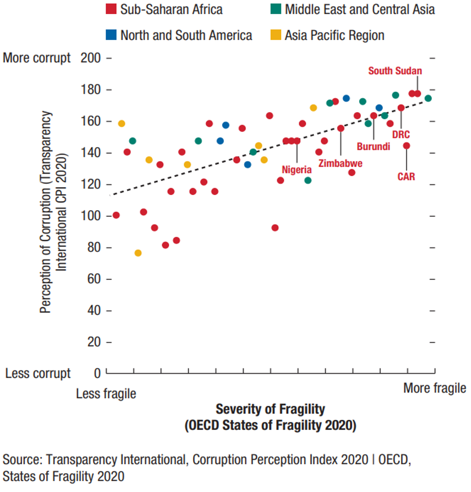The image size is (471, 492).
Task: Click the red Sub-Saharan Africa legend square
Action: click(111, 9)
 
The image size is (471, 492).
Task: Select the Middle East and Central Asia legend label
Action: click(360, 9)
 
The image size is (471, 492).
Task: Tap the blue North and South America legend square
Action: click(111, 35)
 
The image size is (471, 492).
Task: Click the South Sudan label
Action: click(395, 71)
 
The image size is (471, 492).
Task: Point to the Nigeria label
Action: click(297, 170)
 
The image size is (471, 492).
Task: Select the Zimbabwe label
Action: click(341, 164)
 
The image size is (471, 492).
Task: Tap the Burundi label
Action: click(373, 147)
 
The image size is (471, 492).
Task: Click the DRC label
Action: click(401, 135)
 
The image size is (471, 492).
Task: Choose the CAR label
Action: click(406, 177)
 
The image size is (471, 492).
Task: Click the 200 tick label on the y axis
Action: click(91, 58)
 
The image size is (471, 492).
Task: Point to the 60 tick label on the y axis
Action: click(94, 279)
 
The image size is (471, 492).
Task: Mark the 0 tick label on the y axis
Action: click(97, 373)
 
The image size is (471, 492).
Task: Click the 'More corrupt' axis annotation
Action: click(37, 58)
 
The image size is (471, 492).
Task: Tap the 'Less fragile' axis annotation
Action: click(106, 394)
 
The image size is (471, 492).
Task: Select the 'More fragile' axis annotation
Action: click(434, 388)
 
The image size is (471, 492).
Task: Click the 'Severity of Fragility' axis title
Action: click(270, 409)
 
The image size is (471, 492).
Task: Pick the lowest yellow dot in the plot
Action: click(138, 253)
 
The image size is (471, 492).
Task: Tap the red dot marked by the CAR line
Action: click(406, 146)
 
